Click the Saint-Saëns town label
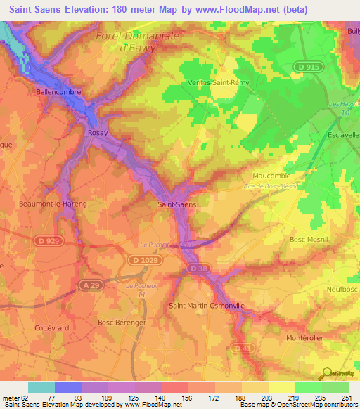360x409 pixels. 176,204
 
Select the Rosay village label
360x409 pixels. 96,131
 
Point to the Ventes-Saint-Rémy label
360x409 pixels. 216,82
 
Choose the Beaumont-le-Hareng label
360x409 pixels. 53,203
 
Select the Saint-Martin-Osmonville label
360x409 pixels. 207,306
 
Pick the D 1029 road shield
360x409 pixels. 143,260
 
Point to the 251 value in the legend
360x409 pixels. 348,398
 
